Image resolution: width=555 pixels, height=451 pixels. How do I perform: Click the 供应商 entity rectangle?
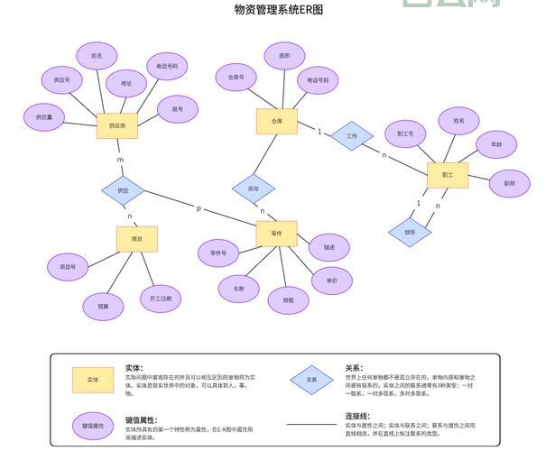(117, 125)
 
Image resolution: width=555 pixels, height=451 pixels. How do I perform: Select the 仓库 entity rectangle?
(277, 120)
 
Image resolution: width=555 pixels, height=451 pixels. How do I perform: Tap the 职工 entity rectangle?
(447, 174)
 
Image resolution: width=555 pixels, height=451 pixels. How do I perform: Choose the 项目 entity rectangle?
(137, 239)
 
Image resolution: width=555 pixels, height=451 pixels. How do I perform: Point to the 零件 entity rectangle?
(276, 233)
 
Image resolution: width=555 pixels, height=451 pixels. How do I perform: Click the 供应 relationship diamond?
(124, 190)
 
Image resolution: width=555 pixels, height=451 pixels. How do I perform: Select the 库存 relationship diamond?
(253, 189)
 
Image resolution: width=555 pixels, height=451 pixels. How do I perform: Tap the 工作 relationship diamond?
(351, 137)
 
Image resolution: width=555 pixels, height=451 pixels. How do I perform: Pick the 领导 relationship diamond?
(409, 232)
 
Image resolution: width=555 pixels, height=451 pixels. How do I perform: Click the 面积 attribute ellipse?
(284, 56)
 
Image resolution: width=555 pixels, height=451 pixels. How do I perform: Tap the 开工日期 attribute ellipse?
(161, 297)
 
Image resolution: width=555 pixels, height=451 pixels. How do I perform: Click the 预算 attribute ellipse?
(103, 307)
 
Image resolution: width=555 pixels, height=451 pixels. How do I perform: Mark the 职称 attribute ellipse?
(510, 183)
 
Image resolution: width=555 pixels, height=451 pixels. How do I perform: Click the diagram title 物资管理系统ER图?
(278, 10)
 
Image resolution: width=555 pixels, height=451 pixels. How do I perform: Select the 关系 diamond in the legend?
(311, 380)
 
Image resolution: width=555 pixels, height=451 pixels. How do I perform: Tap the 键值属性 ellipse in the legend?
(93, 425)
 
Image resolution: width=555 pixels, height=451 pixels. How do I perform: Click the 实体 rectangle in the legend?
(93, 380)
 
